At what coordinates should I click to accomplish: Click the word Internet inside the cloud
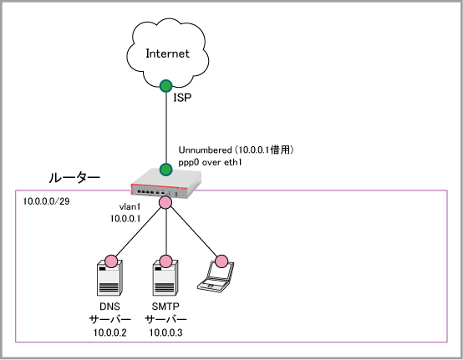pos(167,53)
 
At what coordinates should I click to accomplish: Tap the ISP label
pos(182,98)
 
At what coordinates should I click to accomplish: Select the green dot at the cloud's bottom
pos(166,86)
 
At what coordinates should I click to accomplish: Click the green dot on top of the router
pos(166,170)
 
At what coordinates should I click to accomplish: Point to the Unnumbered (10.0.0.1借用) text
pos(236,150)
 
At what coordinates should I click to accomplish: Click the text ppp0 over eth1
pos(211,162)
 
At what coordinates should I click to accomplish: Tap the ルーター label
pos(74,178)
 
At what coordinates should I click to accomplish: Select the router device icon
pos(166,183)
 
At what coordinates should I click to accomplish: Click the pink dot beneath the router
pos(165,202)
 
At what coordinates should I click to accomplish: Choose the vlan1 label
pos(130,207)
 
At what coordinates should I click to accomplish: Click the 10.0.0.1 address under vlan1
pos(125,219)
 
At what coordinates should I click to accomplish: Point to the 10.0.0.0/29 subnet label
pos(46,201)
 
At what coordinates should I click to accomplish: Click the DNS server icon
pos(109,277)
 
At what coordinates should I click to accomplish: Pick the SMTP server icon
pos(165,277)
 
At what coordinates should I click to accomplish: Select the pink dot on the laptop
pos(221,261)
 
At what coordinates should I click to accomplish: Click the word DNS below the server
pos(109,307)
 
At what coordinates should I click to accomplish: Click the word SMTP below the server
pos(165,307)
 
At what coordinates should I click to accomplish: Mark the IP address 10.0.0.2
pos(109,332)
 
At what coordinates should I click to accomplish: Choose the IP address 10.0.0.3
pos(165,332)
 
